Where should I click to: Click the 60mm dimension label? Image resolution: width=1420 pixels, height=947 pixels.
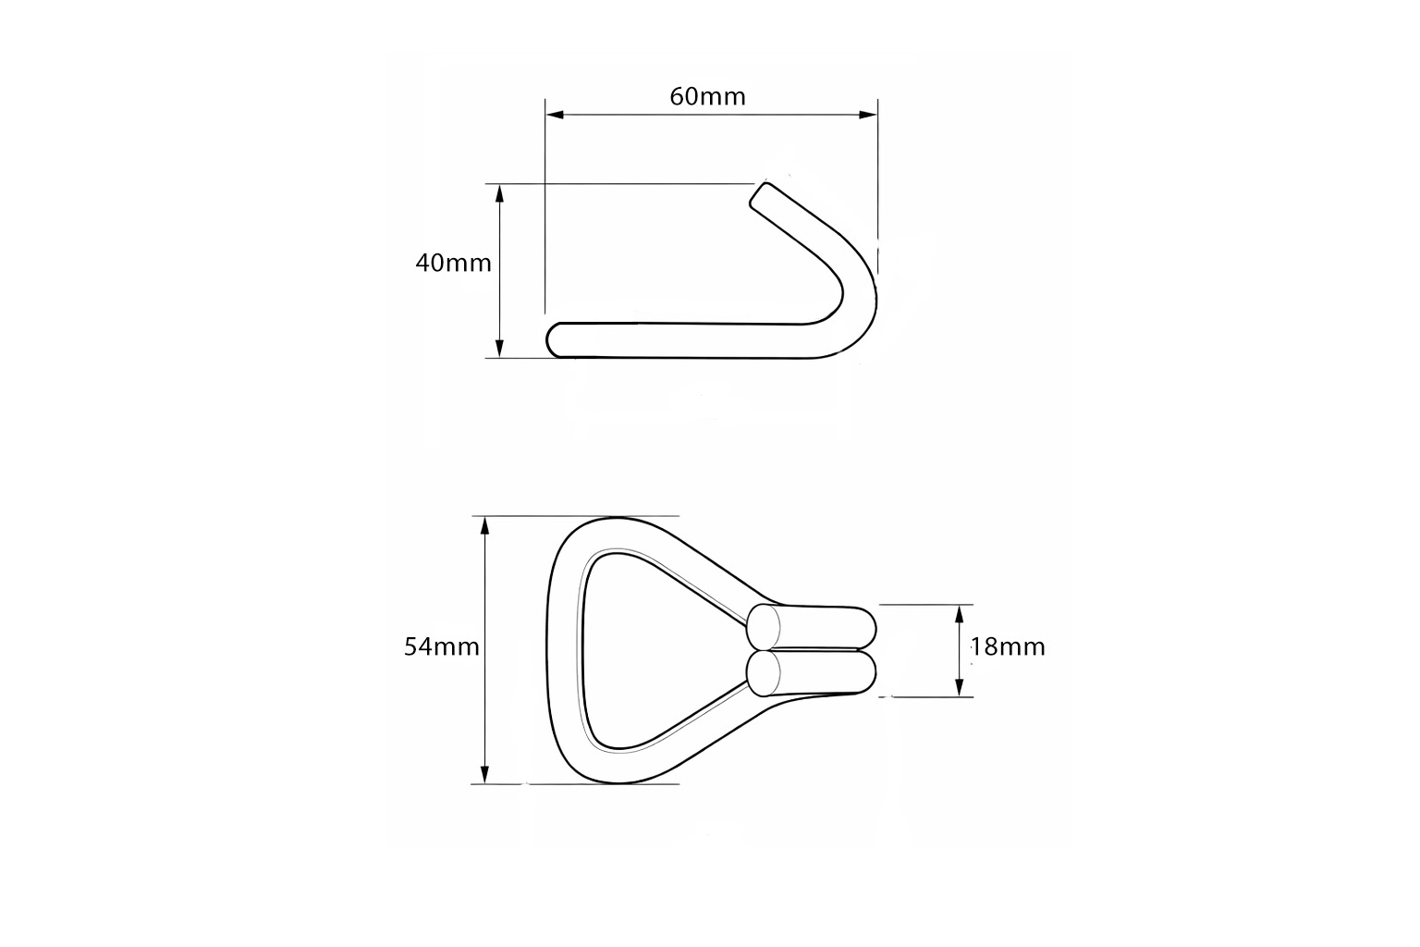[707, 96]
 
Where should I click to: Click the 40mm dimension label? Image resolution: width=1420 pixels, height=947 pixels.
[453, 264]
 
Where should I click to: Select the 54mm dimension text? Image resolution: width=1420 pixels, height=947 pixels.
[442, 647]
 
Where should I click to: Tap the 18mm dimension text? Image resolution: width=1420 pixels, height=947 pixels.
[1008, 647]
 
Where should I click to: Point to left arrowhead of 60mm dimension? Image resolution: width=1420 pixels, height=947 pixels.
[555, 115]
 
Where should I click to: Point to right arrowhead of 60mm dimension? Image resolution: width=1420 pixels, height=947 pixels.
[868, 115]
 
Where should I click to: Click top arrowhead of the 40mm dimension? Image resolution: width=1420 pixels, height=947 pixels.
[499, 193]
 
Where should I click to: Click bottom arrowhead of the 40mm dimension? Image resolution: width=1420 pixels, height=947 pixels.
[499, 349]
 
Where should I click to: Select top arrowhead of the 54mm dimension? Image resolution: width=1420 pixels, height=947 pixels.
[485, 526]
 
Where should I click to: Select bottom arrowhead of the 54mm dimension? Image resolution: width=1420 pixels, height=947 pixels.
[485, 774]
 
